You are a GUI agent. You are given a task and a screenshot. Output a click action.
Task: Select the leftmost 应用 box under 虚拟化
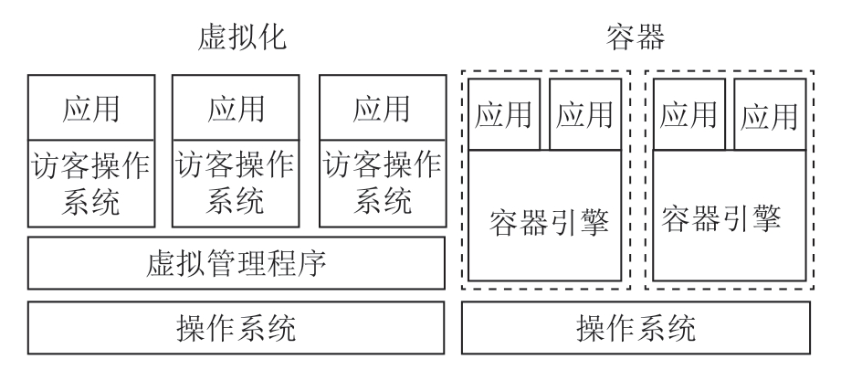click(x=90, y=108)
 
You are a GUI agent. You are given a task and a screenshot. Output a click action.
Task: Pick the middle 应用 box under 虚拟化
click(x=236, y=108)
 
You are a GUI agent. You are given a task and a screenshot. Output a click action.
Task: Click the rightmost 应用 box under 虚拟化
click(x=382, y=108)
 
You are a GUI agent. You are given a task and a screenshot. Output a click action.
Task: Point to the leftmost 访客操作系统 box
click(x=90, y=182)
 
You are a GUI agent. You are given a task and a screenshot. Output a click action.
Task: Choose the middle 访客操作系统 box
click(x=236, y=182)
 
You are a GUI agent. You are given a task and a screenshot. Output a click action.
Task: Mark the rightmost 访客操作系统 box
click(x=382, y=182)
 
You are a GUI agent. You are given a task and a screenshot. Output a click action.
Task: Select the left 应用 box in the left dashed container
click(x=506, y=114)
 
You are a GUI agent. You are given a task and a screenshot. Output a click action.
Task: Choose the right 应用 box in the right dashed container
click(x=770, y=114)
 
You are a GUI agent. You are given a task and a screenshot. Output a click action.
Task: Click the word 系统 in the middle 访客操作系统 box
click(x=236, y=200)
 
